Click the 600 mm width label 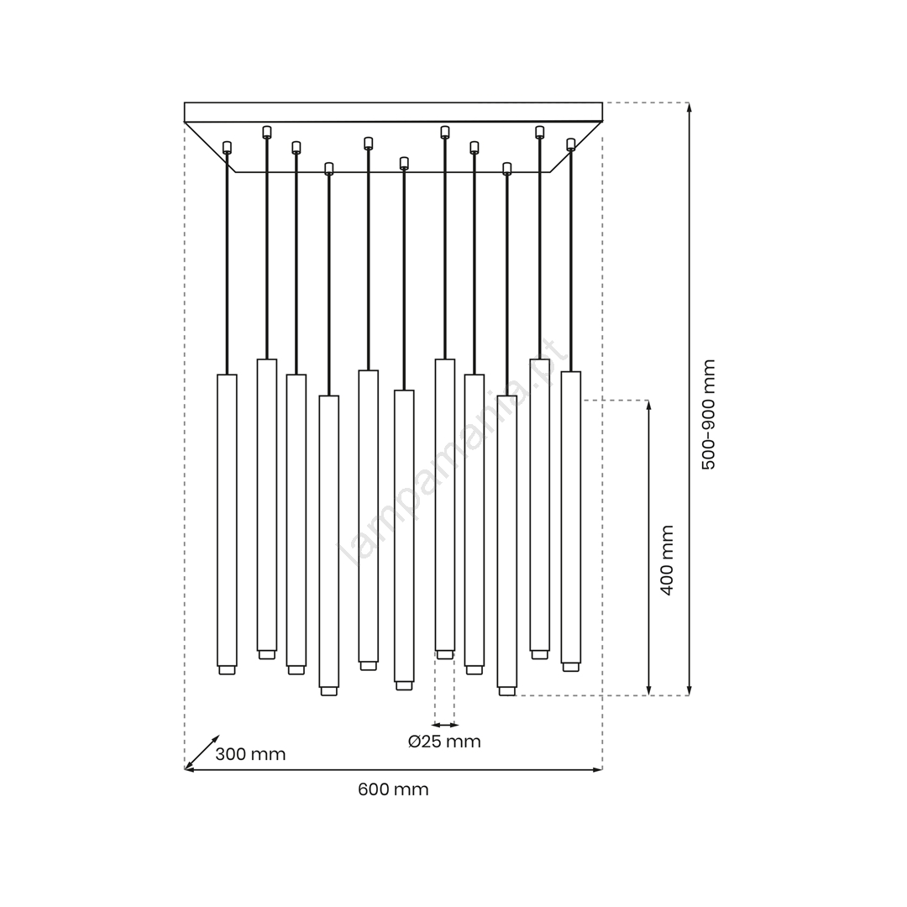pyautogui.click(x=393, y=789)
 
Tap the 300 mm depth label pyautogui.click(x=250, y=754)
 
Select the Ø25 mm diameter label pyautogui.click(x=444, y=742)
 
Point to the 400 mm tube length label pyautogui.click(x=667, y=560)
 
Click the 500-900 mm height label pyautogui.click(x=709, y=414)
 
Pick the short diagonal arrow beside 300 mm pyautogui.click(x=202, y=752)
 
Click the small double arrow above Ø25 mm pyautogui.click(x=445, y=724)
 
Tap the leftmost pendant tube pyautogui.click(x=227, y=521)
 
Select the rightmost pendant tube pyautogui.click(x=571, y=517)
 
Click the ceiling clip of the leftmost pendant pyautogui.click(x=227, y=147)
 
